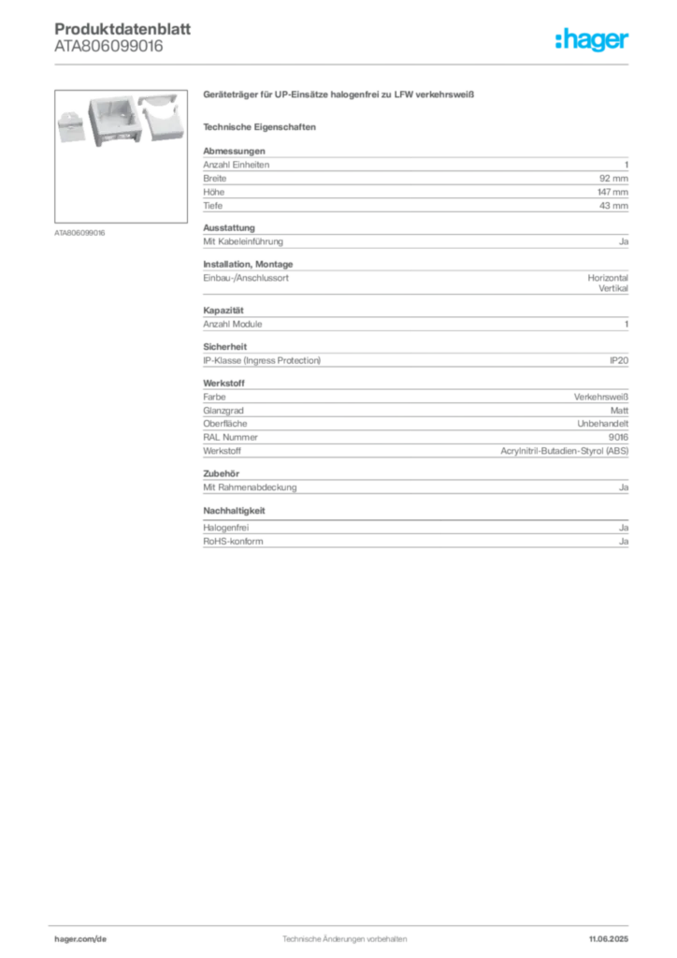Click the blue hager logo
593,41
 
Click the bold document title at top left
122,27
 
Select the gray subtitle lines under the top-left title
108,49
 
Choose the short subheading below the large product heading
262,125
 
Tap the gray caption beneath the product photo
82,233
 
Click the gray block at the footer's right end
614,935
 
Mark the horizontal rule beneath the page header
344,63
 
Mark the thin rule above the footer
344,922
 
